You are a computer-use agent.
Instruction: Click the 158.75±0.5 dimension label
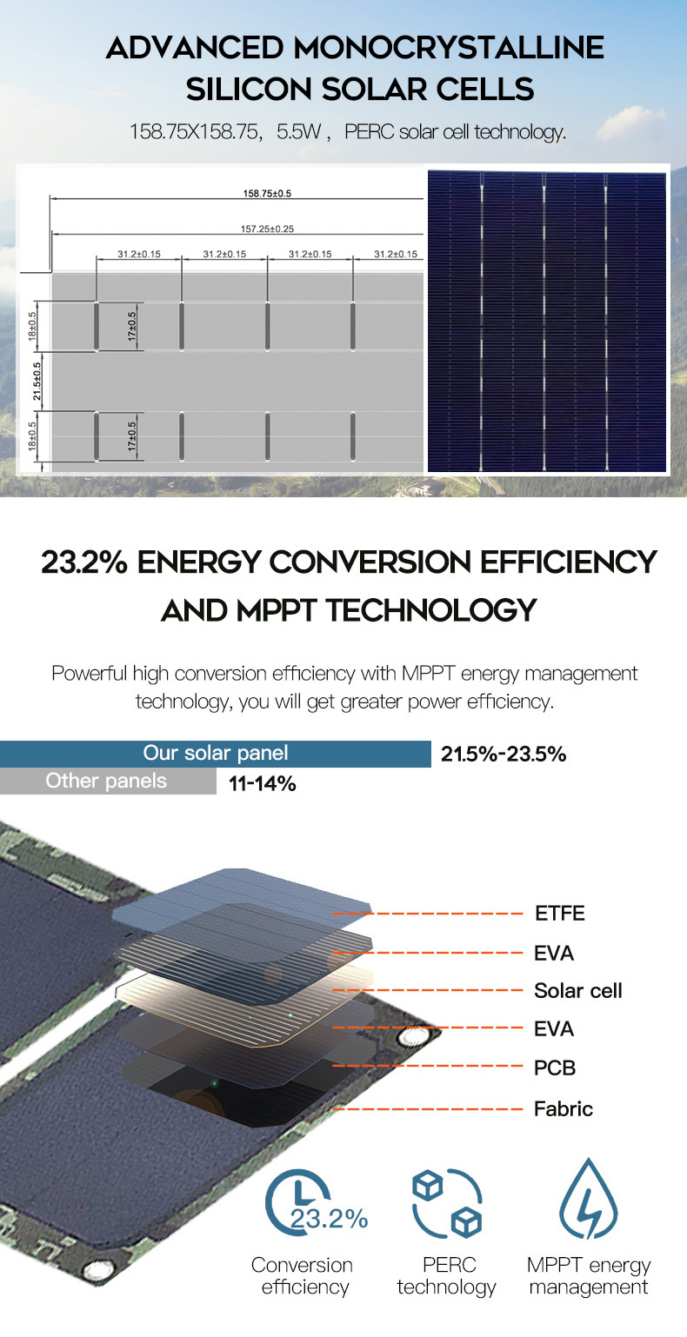(x=267, y=193)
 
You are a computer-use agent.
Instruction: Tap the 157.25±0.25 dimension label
(x=267, y=229)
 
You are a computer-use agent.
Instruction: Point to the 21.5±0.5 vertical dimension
(x=37, y=381)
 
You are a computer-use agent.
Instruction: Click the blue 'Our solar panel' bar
(x=216, y=754)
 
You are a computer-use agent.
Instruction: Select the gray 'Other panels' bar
(x=108, y=782)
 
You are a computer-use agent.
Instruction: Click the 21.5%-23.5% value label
(x=504, y=755)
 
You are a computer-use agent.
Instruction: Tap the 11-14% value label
(x=262, y=784)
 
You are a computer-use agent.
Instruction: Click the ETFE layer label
(x=559, y=914)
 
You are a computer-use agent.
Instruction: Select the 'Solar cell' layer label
(x=577, y=991)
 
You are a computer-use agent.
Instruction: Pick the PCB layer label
(x=555, y=1068)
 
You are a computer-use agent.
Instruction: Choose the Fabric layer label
(x=563, y=1109)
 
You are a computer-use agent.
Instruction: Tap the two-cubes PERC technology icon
(x=446, y=1203)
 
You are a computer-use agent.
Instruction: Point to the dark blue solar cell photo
(x=547, y=322)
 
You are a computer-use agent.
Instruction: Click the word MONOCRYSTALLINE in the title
(x=449, y=48)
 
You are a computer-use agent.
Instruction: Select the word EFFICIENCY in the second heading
(x=568, y=562)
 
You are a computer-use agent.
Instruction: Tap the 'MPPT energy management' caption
(x=589, y=1275)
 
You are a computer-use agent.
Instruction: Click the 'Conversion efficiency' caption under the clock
(x=303, y=1275)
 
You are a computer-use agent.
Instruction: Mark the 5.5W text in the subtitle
(x=298, y=131)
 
